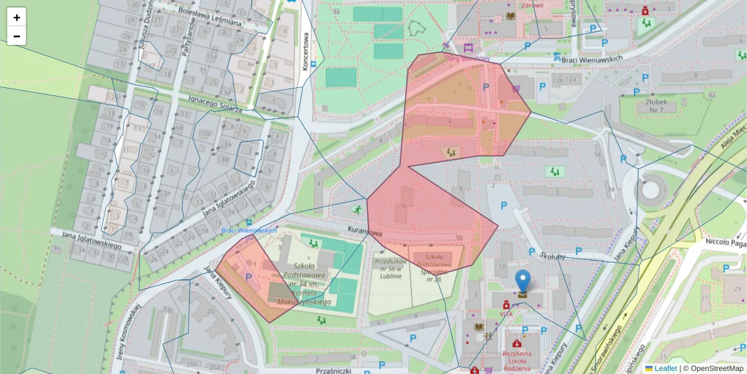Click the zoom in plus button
(x=17, y=17)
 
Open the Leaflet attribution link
(x=665, y=368)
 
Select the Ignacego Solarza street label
(x=215, y=103)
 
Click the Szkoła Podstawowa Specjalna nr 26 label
(x=438, y=268)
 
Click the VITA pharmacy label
(x=506, y=315)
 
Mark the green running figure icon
(x=357, y=211)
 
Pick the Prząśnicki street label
(x=334, y=370)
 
